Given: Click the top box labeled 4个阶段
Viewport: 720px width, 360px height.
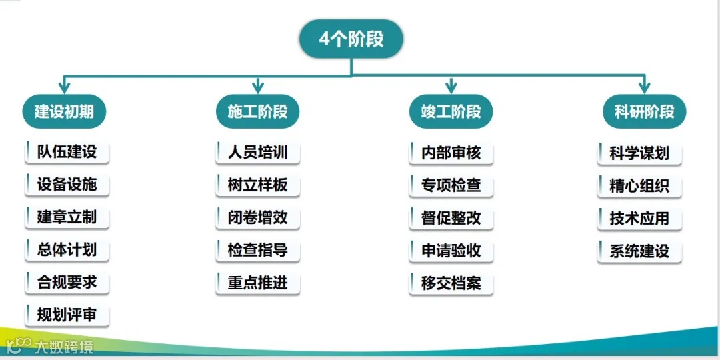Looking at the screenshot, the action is pyautogui.click(x=351, y=39).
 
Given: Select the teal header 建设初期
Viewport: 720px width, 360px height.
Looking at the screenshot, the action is pyautogui.click(x=65, y=111).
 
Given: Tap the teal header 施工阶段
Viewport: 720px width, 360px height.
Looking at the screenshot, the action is pyautogui.click(x=258, y=111).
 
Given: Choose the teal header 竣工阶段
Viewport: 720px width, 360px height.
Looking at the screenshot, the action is pyautogui.click(x=451, y=111).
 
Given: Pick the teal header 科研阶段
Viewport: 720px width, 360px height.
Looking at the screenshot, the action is pyautogui.click(x=644, y=111).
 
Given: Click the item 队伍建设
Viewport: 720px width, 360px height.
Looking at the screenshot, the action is pyautogui.click(x=67, y=152).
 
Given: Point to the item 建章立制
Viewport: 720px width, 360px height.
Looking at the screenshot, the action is pyautogui.click(x=67, y=217).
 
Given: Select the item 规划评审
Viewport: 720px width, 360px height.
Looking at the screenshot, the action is pyautogui.click(x=67, y=315).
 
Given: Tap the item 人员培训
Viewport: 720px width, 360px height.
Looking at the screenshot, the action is pyautogui.click(x=257, y=152).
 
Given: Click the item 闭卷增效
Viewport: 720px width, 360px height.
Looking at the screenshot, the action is pyautogui.click(x=257, y=217).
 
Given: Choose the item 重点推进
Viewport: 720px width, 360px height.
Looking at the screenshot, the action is pyautogui.click(x=257, y=283).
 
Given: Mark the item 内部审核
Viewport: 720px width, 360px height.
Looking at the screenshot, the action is pyautogui.click(x=451, y=153).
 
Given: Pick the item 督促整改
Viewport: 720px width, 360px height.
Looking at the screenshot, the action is pyautogui.click(x=451, y=218).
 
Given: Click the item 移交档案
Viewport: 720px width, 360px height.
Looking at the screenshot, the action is pyautogui.click(x=451, y=283).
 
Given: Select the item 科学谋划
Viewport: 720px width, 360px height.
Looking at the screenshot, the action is pyautogui.click(x=639, y=153).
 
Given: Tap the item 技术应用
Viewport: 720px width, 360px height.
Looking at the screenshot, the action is pyautogui.click(x=639, y=219).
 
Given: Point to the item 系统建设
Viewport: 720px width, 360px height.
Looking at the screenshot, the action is pyautogui.click(x=639, y=251).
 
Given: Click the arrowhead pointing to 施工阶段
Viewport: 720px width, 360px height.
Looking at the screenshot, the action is pyautogui.click(x=258, y=87).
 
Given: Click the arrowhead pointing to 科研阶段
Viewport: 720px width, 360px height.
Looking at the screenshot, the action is pyautogui.click(x=644, y=87).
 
